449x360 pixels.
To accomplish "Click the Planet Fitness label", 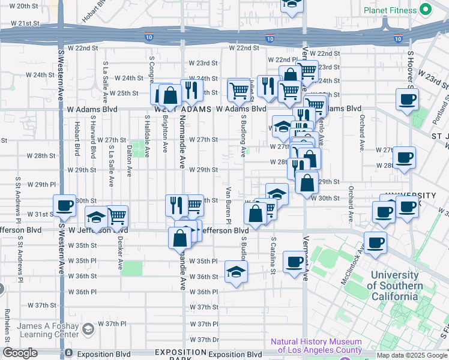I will [390, 10].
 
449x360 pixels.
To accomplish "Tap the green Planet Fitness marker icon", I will [426, 10].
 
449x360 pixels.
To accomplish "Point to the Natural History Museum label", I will [316, 346].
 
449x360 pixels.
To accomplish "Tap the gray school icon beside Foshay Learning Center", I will [89, 329].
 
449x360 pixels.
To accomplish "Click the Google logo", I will [20, 353].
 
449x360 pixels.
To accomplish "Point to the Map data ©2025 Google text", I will [412, 355].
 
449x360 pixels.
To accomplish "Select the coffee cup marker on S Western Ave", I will [65, 205].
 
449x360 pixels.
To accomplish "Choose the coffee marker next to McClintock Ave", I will [376, 242].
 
